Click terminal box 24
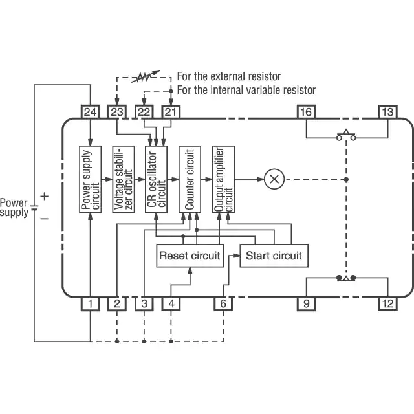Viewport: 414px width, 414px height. (x=91, y=112)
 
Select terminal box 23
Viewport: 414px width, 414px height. (x=117, y=112)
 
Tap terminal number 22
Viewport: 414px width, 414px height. (x=144, y=112)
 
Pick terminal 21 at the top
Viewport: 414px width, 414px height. (x=170, y=112)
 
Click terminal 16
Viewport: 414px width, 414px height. (x=306, y=112)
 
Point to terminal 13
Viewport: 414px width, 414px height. (x=387, y=112)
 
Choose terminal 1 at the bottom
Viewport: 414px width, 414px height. (x=91, y=303)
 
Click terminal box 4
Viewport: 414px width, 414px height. (x=171, y=303)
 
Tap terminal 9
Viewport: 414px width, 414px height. (x=306, y=303)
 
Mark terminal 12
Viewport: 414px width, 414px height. (x=387, y=303)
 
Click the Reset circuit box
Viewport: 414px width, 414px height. (x=190, y=256)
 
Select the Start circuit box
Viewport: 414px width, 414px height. (x=274, y=256)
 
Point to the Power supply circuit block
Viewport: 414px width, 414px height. (x=91, y=180)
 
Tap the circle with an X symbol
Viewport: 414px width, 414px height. (x=274, y=179)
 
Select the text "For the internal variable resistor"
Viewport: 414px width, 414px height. (x=246, y=90)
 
